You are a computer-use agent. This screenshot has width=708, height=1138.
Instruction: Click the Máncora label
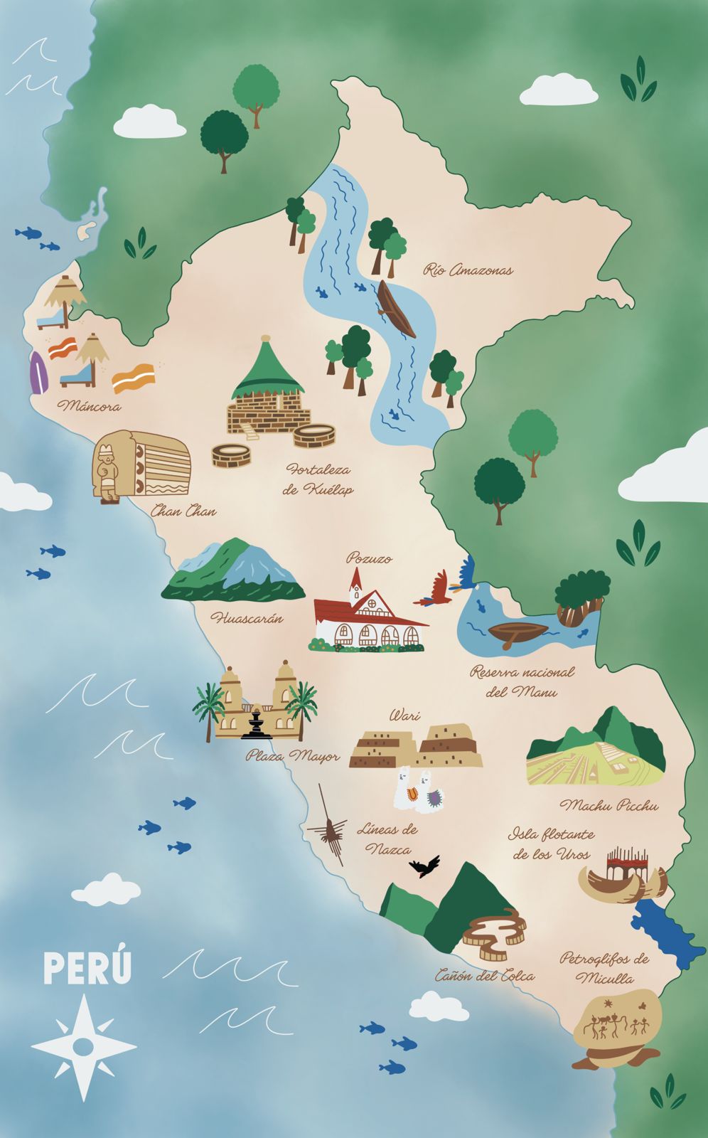click(90, 407)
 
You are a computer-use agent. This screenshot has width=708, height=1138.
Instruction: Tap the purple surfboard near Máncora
click(37, 373)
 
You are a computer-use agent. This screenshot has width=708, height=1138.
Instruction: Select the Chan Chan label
click(183, 511)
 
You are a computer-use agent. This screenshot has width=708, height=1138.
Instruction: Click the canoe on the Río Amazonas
click(396, 309)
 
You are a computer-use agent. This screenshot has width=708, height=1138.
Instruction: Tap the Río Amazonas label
click(468, 270)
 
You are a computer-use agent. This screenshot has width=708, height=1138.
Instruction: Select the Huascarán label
click(246, 618)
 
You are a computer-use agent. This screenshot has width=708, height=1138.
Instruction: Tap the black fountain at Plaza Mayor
click(256, 724)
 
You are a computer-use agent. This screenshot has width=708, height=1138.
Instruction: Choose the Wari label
click(404, 716)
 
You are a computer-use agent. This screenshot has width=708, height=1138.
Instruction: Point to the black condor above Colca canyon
click(424, 866)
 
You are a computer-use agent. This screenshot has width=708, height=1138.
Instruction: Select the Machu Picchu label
click(608, 806)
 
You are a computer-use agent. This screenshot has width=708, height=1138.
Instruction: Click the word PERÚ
click(87, 969)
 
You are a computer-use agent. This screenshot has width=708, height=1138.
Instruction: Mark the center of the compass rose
click(83, 1046)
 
